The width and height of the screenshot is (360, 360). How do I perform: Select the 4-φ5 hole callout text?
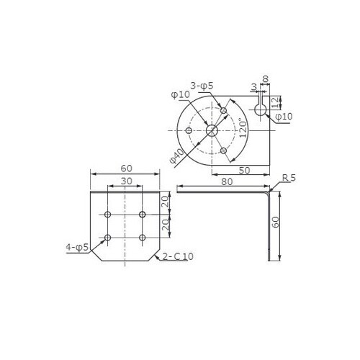(x=77, y=247)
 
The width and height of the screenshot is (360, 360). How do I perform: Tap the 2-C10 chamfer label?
(x=179, y=256)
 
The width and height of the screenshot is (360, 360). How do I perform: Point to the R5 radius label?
(x=289, y=177)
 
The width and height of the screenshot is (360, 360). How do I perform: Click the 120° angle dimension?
(x=243, y=129)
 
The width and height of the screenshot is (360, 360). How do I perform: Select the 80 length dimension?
(x=228, y=182)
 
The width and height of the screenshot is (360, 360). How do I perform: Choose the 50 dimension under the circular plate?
(x=244, y=170)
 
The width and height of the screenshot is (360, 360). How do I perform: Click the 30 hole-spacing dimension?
(x=125, y=181)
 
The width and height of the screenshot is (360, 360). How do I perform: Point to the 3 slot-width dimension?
(x=253, y=87)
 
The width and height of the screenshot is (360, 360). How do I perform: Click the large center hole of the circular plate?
(x=212, y=130)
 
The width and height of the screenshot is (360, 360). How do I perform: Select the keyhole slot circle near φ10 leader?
(x=261, y=109)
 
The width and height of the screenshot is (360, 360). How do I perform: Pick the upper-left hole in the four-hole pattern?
(x=108, y=215)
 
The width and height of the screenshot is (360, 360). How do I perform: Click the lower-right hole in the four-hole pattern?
(x=143, y=238)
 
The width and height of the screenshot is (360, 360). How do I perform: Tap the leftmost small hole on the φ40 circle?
(x=189, y=130)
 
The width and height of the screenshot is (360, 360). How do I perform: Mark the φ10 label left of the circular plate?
(x=180, y=95)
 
